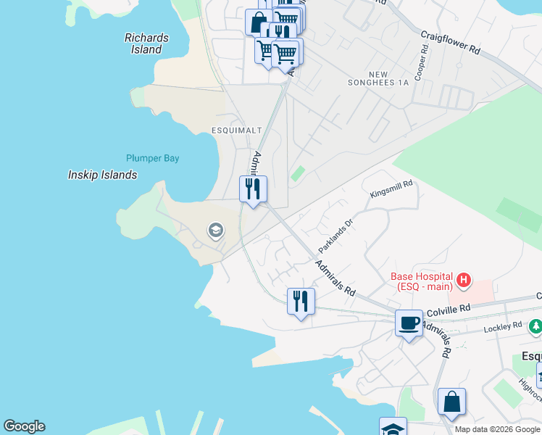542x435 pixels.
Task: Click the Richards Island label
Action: point(146,43)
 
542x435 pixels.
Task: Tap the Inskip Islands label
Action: point(102,175)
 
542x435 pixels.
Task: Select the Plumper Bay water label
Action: point(152,158)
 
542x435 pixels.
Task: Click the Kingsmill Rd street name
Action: point(391,189)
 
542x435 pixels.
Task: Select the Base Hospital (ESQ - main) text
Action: point(422,281)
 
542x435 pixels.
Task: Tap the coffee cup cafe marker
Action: point(409,323)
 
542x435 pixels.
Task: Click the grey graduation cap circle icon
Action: point(214,231)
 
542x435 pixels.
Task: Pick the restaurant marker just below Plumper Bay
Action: point(253,189)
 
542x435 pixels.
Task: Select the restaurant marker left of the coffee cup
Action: point(301,300)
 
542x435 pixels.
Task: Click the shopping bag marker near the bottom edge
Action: point(451,401)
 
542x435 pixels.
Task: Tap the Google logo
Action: point(24,426)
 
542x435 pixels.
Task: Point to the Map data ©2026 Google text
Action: point(496,429)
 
